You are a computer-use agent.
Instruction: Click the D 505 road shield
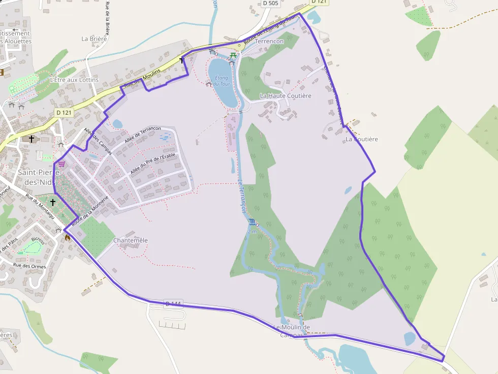click(x=271, y=3)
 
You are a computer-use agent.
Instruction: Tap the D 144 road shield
click(x=173, y=304)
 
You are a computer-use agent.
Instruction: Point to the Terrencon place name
click(x=269, y=41)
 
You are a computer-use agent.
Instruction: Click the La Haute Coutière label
click(x=286, y=95)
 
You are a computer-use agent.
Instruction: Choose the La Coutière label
click(x=362, y=139)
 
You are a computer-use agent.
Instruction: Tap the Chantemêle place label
click(x=131, y=240)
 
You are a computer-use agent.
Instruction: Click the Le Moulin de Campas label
click(x=292, y=331)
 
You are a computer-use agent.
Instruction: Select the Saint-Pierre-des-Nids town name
click(x=39, y=177)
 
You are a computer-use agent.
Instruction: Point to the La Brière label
click(x=94, y=38)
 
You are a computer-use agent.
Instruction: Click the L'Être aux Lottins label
click(x=74, y=80)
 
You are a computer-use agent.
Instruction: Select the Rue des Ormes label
click(x=29, y=266)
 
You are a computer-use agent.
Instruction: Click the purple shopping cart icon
click(x=61, y=164)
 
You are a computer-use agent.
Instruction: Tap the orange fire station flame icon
click(x=67, y=236)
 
